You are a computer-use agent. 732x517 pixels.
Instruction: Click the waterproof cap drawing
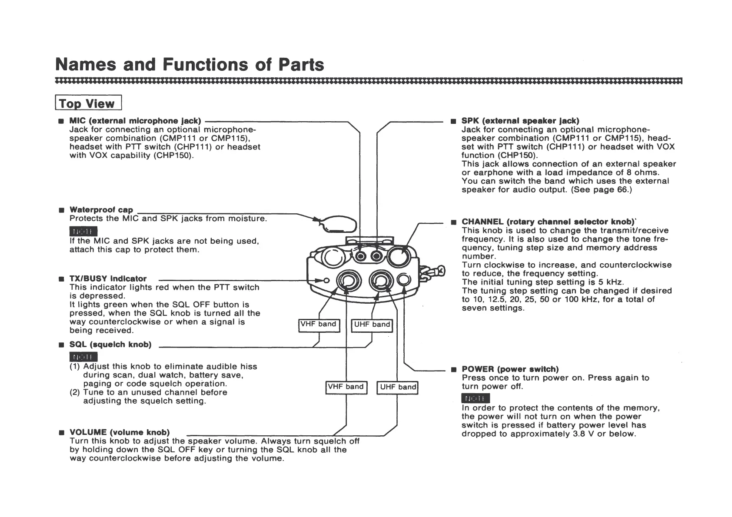click(x=339, y=224)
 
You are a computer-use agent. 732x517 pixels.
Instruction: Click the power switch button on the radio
click(x=404, y=280)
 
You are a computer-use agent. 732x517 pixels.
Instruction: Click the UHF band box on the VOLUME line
click(x=397, y=387)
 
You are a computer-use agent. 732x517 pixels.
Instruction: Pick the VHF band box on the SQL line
click(x=319, y=325)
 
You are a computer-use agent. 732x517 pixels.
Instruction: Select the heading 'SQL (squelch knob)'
click(x=110, y=345)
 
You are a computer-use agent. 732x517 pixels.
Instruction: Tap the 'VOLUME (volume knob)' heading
click(x=120, y=432)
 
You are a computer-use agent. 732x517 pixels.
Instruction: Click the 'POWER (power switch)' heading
click(x=510, y=369)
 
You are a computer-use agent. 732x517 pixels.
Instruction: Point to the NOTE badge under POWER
click(x=476, y=398)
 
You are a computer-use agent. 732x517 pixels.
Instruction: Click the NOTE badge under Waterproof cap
click(x=83, y=231)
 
